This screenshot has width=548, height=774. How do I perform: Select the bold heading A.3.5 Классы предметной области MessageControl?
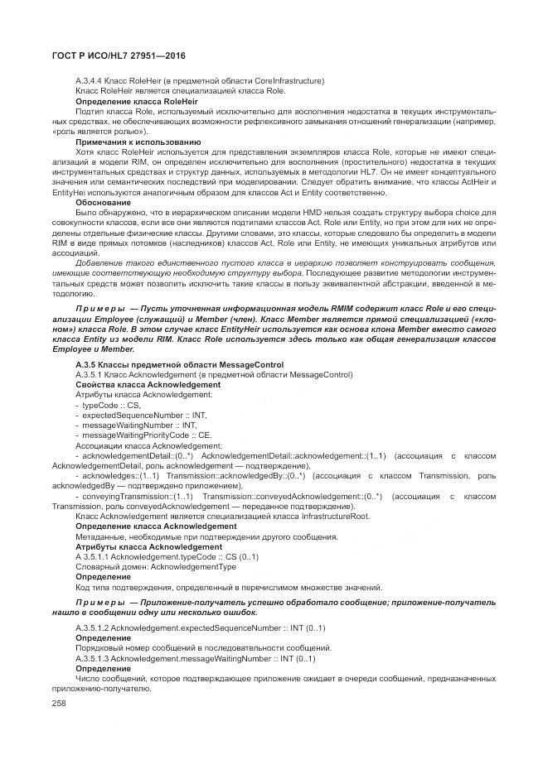pyautogui.click(x=179, y=364)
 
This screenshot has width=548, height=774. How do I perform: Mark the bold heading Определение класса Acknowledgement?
pyautogui.click(x=156, y=526)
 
